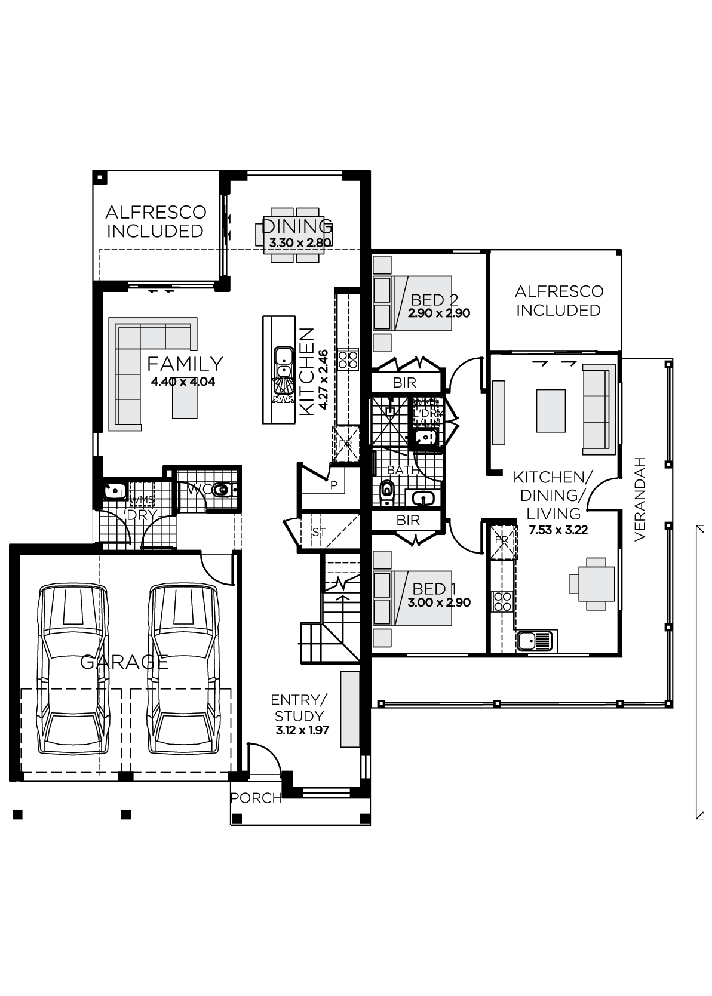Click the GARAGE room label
(x=124, y=662)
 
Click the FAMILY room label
(x=185, y=363)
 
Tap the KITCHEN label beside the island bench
(x=306, y=371)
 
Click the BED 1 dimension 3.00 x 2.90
(x=439, y=602)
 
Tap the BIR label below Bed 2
(x=404, y=382)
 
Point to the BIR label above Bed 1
(x=408, y=520)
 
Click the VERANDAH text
(x=640, y=499)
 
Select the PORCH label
(x=256, y=798)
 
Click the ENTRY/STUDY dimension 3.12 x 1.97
(x=302, y=730)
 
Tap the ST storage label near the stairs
(x=318, y=531)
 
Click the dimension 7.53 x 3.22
(x=558, y=529)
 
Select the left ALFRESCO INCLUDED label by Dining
(x=155, y=222)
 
